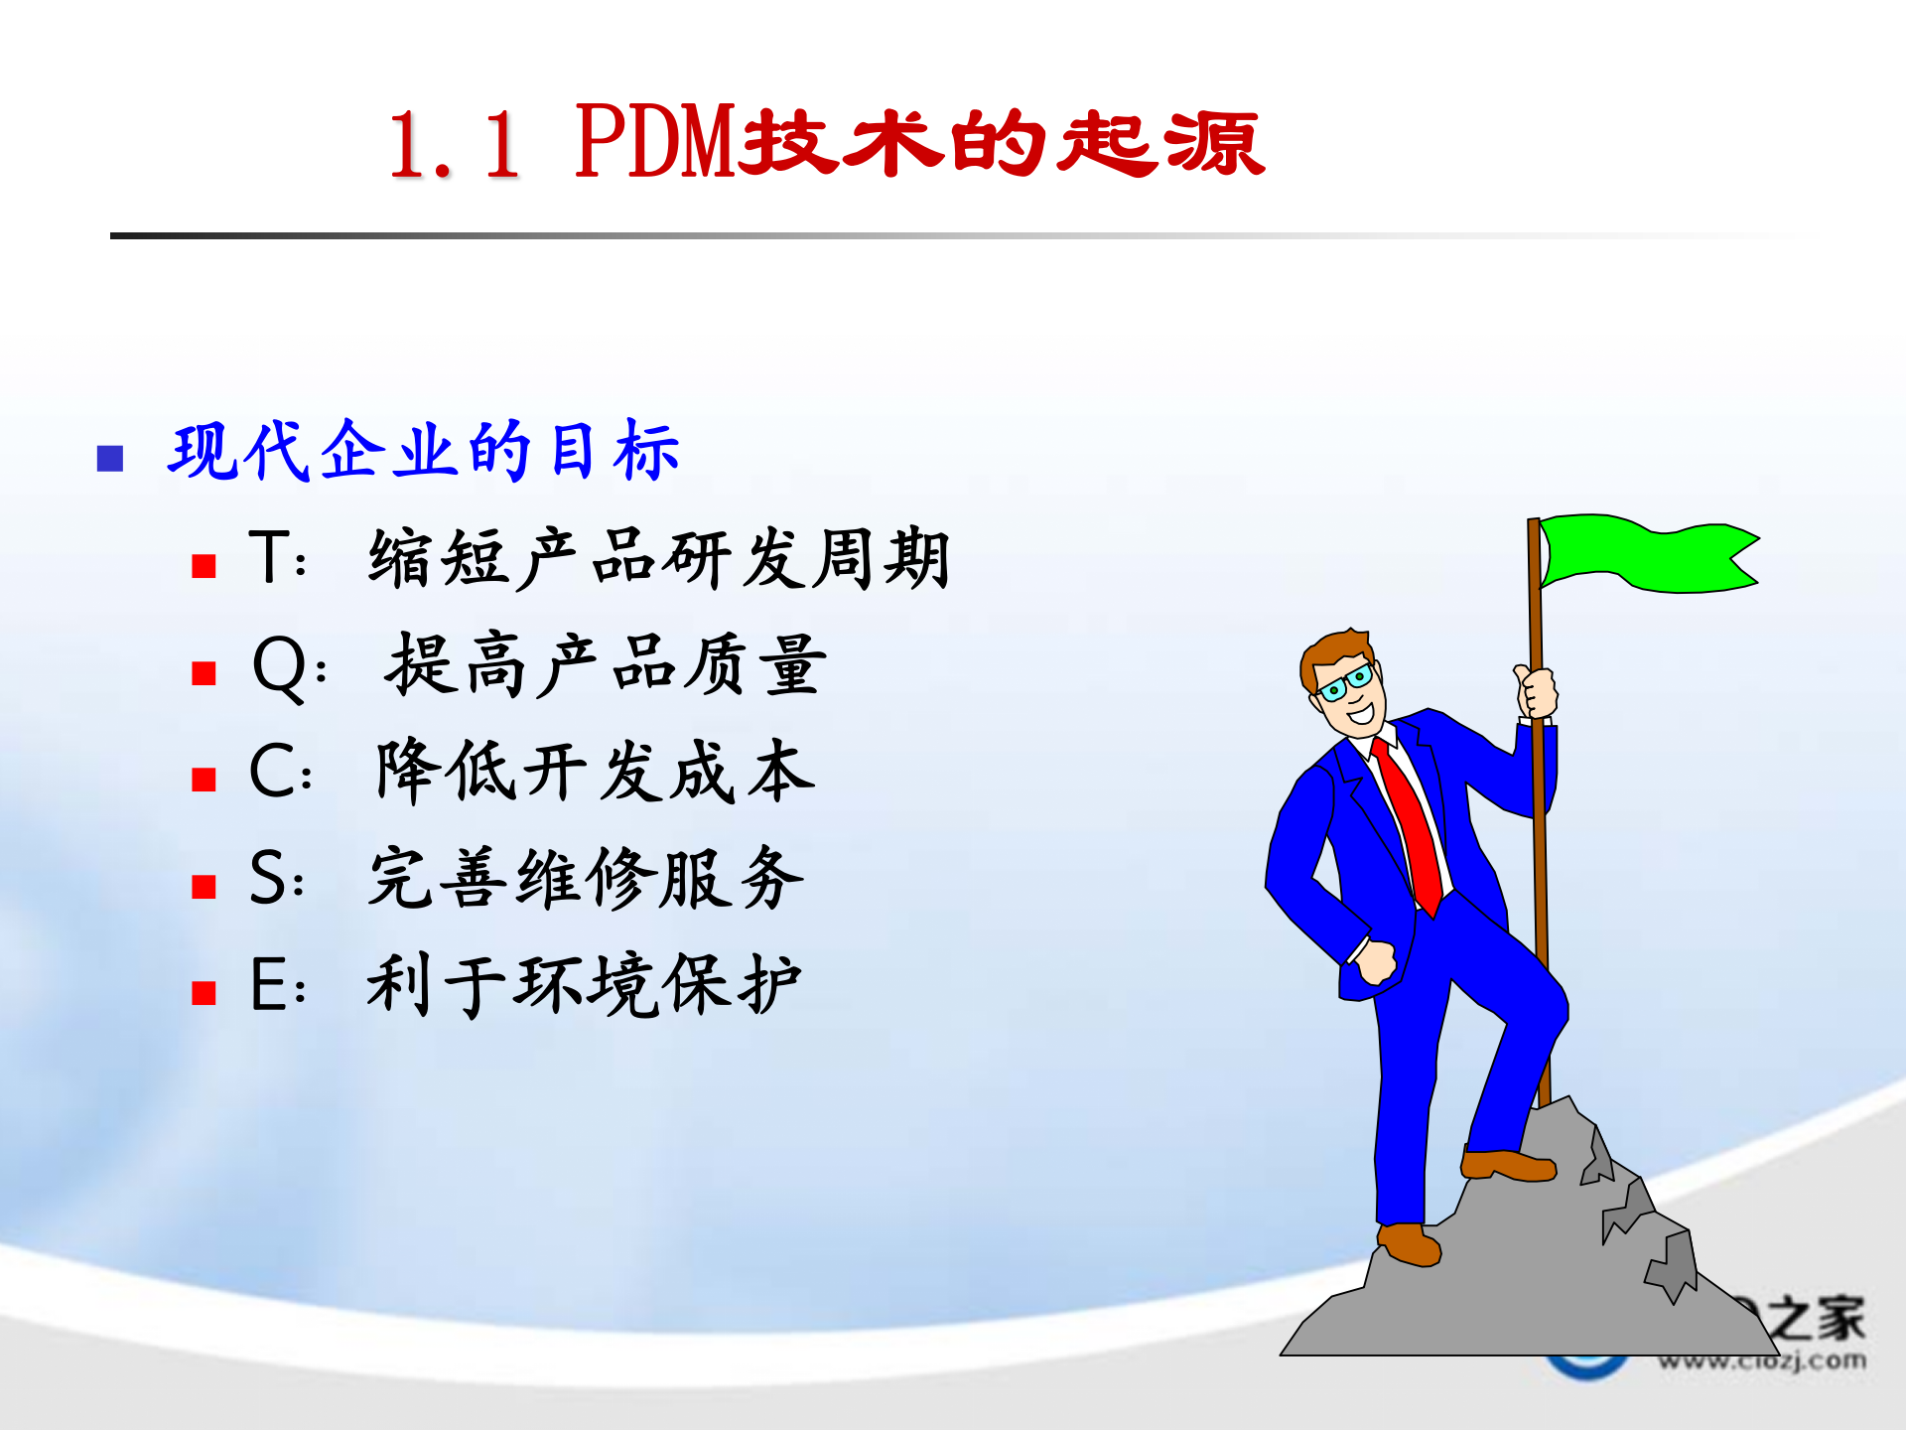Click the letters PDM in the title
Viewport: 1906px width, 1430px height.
click(655, 144)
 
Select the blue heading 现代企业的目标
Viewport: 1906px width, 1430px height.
click(424, 452)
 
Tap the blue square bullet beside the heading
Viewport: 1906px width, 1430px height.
click(110, 458)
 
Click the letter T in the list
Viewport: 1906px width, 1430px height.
click(269, 557)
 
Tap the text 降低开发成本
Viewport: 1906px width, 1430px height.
click(596, 772)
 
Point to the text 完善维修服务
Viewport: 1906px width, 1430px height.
click(586, 878)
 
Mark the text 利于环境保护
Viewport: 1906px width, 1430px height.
click(584, 985)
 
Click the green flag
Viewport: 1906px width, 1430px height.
click(1648, 554)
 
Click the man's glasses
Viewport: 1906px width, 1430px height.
click(1346, 683)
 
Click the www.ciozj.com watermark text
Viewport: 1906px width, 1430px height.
click(1763, 1360)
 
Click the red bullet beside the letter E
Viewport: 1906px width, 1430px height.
click(204, 993)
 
